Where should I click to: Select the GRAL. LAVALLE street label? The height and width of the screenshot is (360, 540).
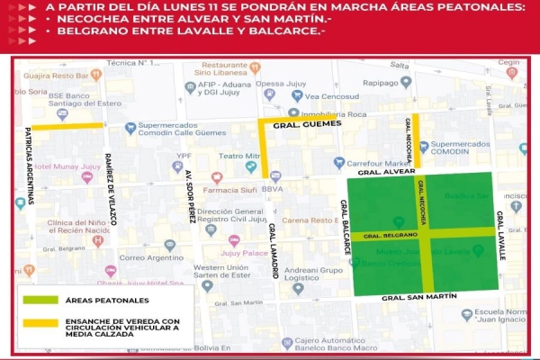click(501, 236)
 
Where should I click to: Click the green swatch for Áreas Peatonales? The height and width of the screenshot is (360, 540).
click(38, 299)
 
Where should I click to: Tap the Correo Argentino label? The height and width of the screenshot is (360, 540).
click(144, 257)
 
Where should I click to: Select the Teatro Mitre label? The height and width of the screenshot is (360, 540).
click(239, 156)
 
